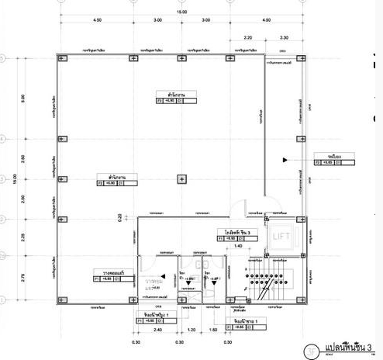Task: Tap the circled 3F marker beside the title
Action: coord(312,349)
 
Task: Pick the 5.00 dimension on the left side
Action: coord(23,99)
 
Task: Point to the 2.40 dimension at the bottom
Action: coord(157,330)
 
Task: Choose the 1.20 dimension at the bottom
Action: coord(192,330)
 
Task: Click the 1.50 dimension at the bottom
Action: coord(214,330)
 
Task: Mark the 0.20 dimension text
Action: coord(130,218)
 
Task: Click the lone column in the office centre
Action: coord(181,179)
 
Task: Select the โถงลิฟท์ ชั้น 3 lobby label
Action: coord(232,232)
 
